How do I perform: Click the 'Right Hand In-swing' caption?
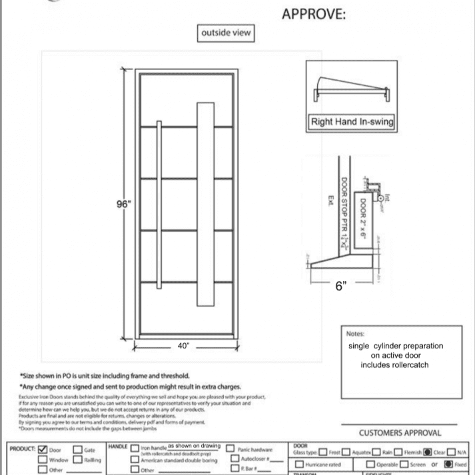click(351, 122)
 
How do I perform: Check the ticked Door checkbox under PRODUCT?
click(44, 450)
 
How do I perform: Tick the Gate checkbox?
click(77, 450)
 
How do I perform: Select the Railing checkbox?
click(77, 460)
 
